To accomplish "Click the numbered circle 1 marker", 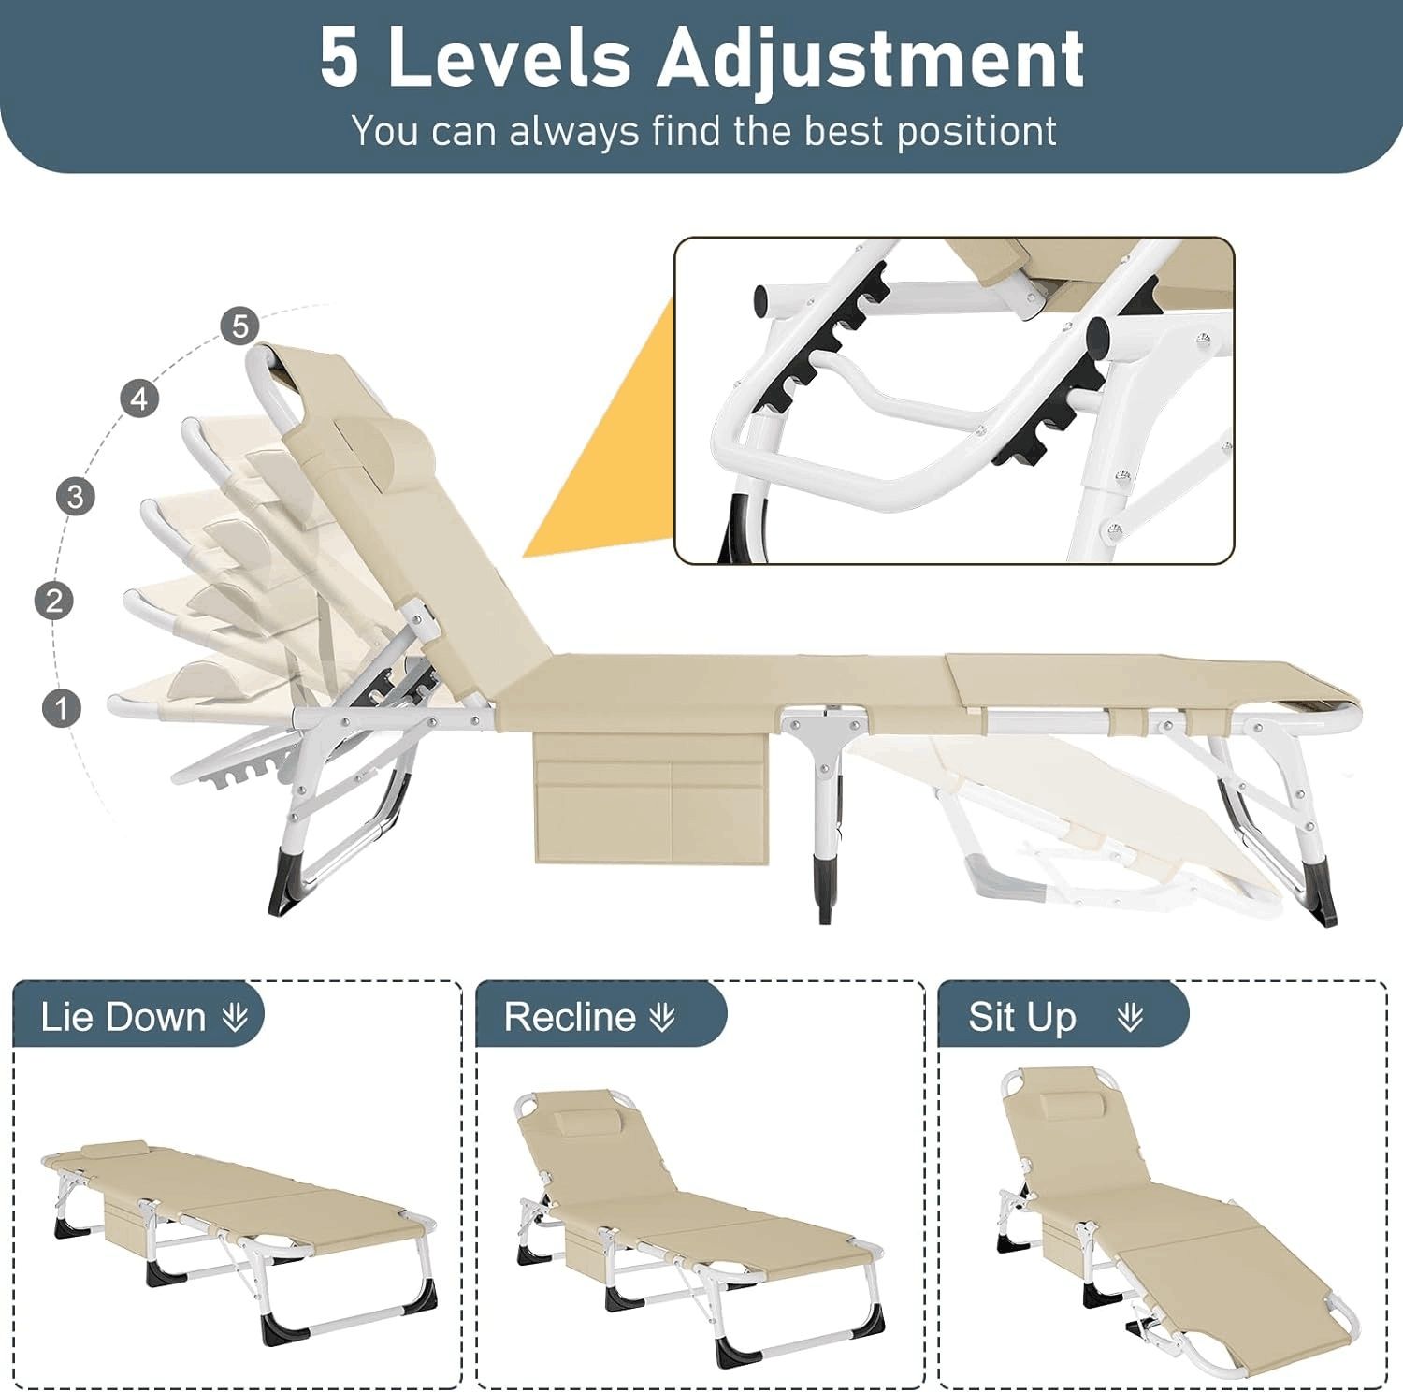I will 63,707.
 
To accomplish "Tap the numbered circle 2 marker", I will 54,600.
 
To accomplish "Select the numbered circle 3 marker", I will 76,496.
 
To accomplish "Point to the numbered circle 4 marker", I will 139,399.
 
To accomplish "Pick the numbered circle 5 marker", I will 240,326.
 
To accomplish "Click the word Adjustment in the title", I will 870,58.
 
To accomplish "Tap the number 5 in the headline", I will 339,58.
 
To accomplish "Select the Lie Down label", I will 123,1017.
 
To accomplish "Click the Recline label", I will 570,1017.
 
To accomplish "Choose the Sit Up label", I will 1021,1017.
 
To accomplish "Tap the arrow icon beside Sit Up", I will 1130,1017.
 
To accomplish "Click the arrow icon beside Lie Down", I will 236,1017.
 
